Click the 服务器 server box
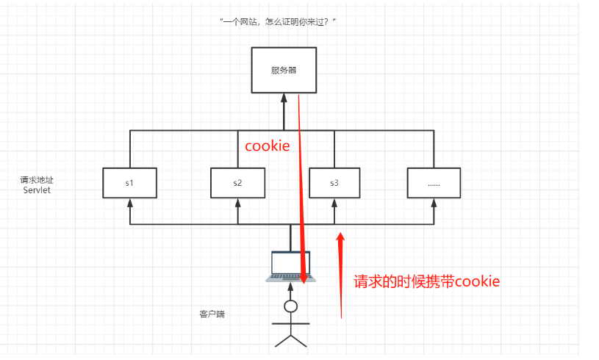tap(283, 71)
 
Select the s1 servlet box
tap(129, 183)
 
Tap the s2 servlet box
tap(237, 183)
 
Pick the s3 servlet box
tap(334, 183)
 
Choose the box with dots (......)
tap(434, 183)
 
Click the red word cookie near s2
tap(267, 146)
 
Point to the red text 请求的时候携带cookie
tap(427, 281)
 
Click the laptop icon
tap(290, 266)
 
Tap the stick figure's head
tap(290, 306)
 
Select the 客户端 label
tap(212, 314)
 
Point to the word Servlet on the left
tap(35, 190)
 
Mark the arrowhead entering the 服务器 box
tap(283, 98)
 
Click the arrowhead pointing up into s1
tap(129, 202)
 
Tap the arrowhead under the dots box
tap(434, 202)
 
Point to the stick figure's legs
tap(290, 339)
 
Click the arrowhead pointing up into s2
tap(237, 202)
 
